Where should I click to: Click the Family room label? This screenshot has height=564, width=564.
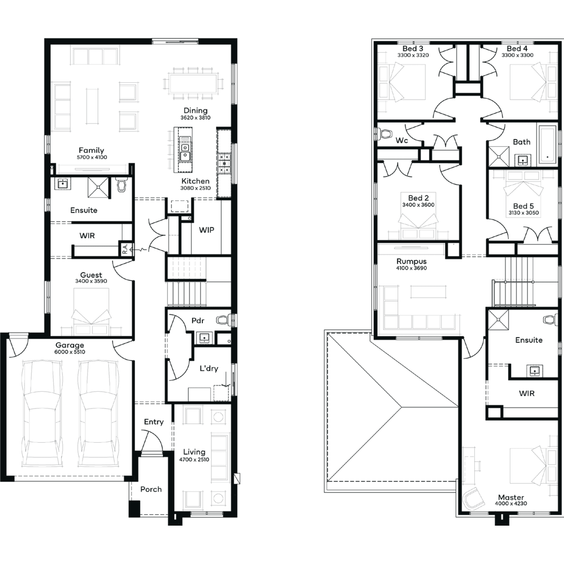point(91,150)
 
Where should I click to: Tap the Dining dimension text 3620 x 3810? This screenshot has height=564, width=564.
point(196,118)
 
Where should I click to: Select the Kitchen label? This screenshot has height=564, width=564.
point(196,181)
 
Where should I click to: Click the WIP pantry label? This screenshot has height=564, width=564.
point(206,230)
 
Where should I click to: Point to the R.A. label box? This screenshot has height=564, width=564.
point(126,249)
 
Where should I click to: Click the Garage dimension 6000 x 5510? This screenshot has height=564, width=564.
point(70,352)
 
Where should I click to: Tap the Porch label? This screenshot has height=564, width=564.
point(151,489)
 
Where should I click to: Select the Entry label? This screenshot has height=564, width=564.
point(154,422)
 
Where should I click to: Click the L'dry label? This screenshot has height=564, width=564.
point(209,368)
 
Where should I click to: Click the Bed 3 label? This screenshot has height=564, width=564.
point(413,49)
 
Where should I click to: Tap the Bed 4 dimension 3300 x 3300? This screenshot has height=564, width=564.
point(517,55)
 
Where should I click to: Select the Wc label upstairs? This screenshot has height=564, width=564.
point(402,141)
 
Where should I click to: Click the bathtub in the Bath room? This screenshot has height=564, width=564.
point(547,144)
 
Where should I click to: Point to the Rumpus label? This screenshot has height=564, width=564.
point(411,261)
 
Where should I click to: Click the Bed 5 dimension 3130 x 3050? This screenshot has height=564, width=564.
point(524,213)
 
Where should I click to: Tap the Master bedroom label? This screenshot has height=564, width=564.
point(511,497)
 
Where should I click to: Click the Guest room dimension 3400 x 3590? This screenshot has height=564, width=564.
point(91,281)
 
